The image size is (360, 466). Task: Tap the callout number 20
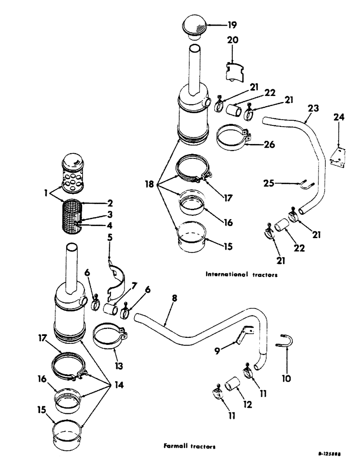coord(233,41)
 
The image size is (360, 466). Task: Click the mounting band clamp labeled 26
coord(233,137)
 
